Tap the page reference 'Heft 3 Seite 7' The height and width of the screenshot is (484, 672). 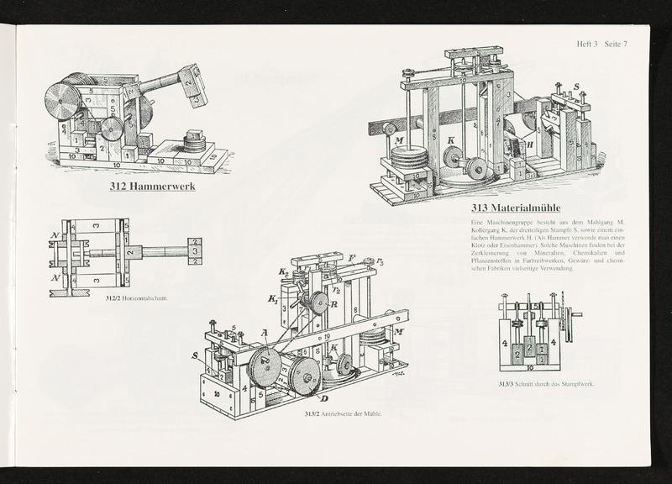(x=601, y=45)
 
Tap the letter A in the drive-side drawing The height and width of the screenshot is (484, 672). (x=265, y=333)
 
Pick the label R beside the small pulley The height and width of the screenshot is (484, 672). (x=333, y=306)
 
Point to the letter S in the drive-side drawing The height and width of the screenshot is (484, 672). (x=196, y=355)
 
